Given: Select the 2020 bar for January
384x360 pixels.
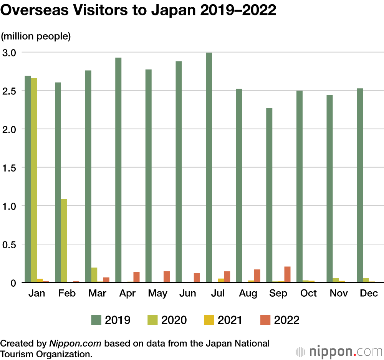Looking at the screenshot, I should pyautogui.click(x=34, y=180).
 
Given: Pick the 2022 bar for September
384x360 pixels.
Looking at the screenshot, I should pyautogui.click(x=287, y=274).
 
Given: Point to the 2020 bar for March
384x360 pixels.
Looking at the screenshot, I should pyautogui.click(x=94, y=275).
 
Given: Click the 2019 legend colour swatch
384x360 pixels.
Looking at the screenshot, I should pyautogui.click(x=96, y=320).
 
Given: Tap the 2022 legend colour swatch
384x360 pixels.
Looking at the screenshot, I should pyautogui.click(x=265, y=320).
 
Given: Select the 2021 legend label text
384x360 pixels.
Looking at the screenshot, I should pyautogui.click(x=230, y=320).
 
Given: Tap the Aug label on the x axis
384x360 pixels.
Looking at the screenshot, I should pyautogui.click(x=248, y=294).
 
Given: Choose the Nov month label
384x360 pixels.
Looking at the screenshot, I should pyautogui.click(x=339, y=294).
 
